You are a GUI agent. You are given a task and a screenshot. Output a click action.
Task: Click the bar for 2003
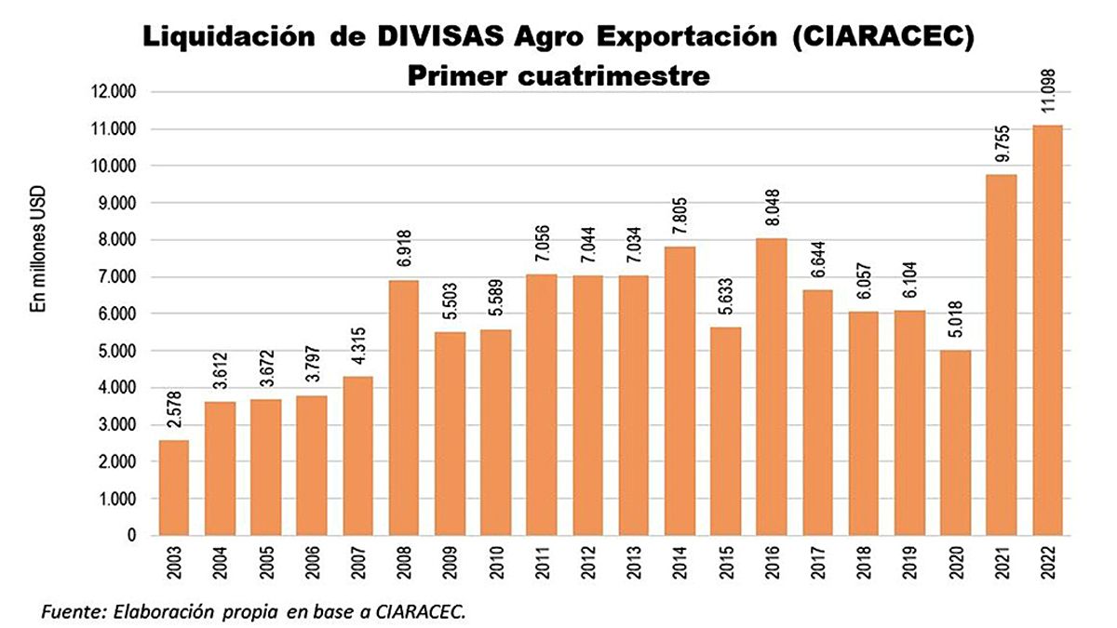coord(174,488)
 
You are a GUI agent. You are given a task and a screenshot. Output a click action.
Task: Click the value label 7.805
coord(680,220)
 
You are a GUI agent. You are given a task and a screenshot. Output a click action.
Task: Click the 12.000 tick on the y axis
coord(115,92)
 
